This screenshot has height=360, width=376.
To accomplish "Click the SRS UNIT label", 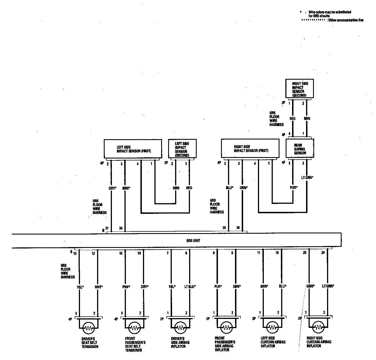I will pyautogui.click(x=193, y=240).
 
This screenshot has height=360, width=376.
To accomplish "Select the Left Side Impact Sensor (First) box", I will pyautogui.click(x=133, y=149).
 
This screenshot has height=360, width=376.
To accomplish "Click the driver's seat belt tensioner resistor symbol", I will pyautogui.click(x=89, y=327).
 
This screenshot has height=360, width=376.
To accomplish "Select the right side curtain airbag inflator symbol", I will pyautogui.click(x=317, y=327).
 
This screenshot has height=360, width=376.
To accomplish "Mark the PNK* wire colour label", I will pyautogui.click(x=126, y=286).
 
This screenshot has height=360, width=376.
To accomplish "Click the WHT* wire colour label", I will pyautogui.click(x=99, y=286).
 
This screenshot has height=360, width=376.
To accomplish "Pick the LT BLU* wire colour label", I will pyautogui.click(x=190, y=286).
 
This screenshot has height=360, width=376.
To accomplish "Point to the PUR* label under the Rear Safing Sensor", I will pyautogui.click(x=293, y=188).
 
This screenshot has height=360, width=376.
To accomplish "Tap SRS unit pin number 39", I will pyautogui.click(x=224, y=228).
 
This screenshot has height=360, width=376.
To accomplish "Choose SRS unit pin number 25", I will pyautogui.click(x=305, y=253).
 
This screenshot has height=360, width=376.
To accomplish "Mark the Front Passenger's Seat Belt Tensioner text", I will pyautogui.click(x=135, y=344).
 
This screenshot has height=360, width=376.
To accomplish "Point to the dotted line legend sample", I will pyautogui.click(x=313, y=20).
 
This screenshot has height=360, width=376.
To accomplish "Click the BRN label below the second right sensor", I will pyautogui.click(x=307, y=119).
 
